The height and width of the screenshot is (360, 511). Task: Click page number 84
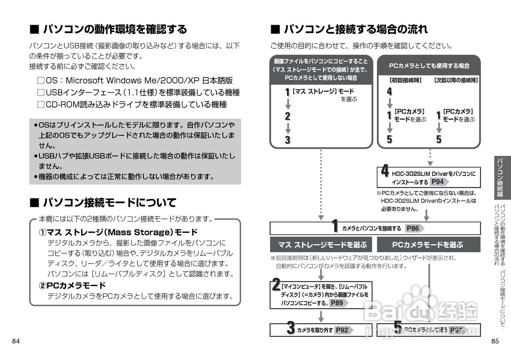(x=16, y=341)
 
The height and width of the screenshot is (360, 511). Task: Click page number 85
(x=495, y=341)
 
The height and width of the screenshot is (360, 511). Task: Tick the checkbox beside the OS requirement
(x=40, y=81)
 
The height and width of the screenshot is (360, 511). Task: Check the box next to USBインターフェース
(x=40, y=93)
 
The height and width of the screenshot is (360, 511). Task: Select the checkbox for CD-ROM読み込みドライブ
(x=40, y=105)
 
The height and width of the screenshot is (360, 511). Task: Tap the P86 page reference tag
(x=412, y=229)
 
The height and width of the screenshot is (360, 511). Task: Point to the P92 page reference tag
(x=342, y=330)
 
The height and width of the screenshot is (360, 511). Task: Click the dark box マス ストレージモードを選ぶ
(x=322, y=245)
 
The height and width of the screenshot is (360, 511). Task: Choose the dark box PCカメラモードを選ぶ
(x=428, y=245)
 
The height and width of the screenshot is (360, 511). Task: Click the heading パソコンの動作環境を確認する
(x=115, y=29)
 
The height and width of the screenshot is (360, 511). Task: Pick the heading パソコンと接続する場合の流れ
(x=355, y=29)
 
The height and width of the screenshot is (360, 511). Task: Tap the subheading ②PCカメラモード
(x=72, y=285)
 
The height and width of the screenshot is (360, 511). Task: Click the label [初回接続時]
(x=405, y=80)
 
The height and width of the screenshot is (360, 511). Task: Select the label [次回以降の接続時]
(x=456, y=80)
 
